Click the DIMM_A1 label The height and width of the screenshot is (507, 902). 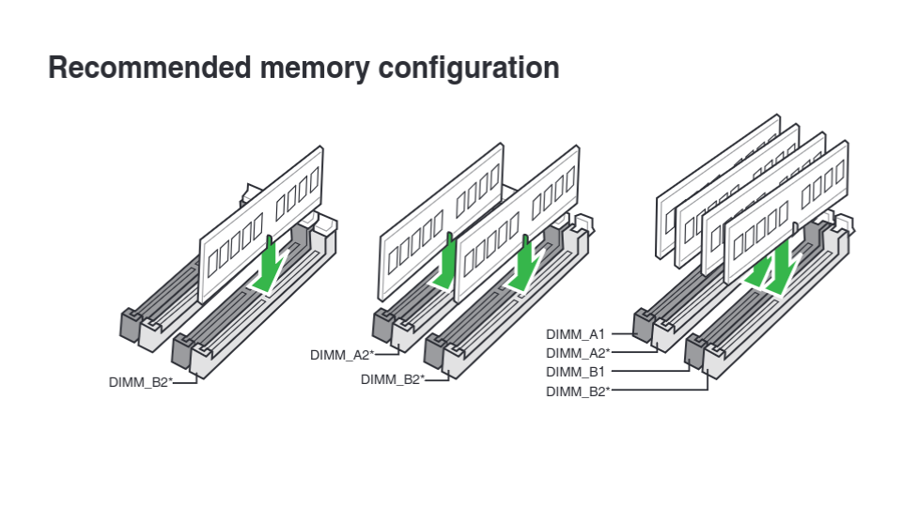pyautogui.click(x=575, y=333)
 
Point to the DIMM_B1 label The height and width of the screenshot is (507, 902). pyautogui.click(x=575, y=372)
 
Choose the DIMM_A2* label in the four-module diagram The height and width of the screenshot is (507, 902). pyautogui.click(x=577, y=353)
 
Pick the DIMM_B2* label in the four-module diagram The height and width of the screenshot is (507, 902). pyautogui.click(x=577, y=392)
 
